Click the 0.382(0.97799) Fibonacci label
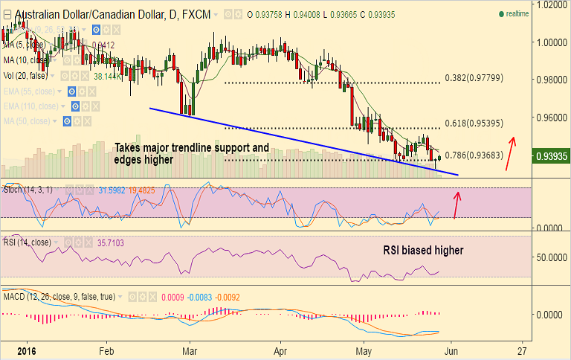coord(474,77)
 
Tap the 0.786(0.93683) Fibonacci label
coord(474,155)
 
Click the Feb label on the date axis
coord(106,350)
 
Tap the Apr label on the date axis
coord(280,350)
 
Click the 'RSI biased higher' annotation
coord(423,251)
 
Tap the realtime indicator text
coord(517,14)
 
